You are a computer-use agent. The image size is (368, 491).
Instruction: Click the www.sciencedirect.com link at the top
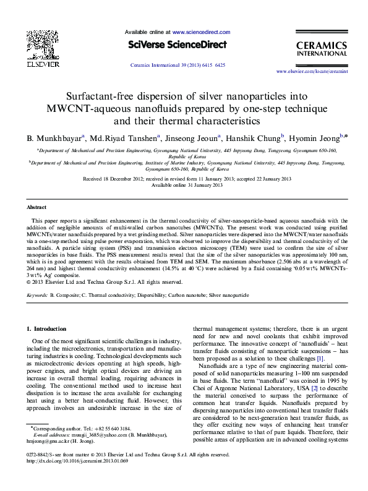[201, 32]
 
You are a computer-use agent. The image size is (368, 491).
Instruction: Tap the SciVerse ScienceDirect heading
[178, 45]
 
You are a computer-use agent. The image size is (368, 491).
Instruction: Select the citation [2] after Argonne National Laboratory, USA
[314, 388]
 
